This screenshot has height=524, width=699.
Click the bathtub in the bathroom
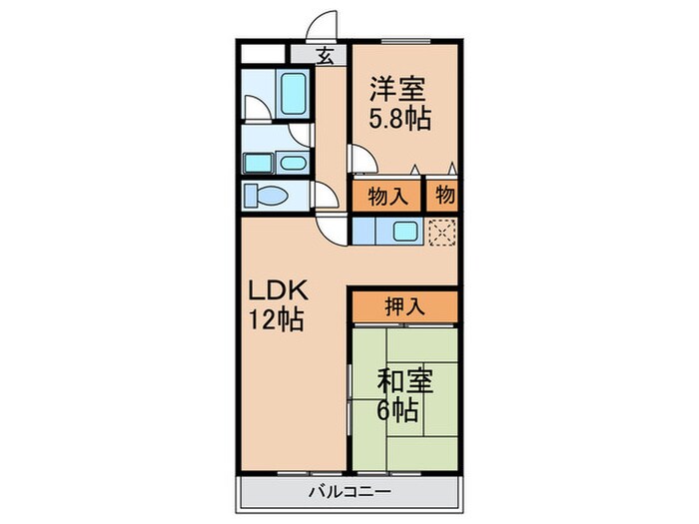tap(294, 92)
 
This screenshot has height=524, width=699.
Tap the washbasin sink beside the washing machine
tap(292, 162)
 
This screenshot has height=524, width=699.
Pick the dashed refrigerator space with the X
tap(441, 232)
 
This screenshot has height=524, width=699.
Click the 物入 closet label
tap(386, 196)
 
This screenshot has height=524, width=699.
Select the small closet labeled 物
tap(443, 196)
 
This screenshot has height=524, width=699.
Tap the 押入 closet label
tap(404, 306)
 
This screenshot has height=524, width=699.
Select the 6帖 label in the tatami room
tap(397, 410)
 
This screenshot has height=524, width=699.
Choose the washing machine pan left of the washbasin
tap(258, 162)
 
